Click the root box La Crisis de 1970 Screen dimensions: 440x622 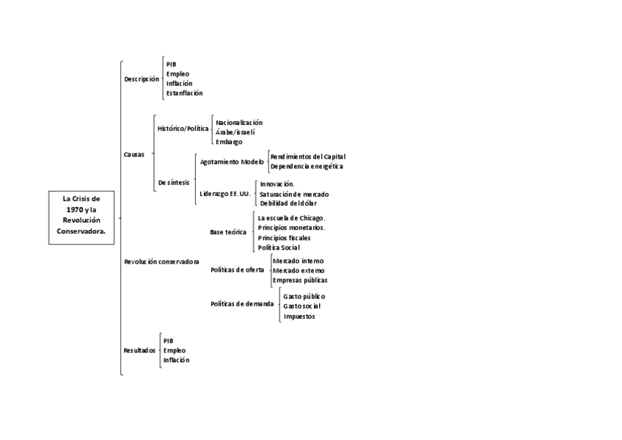point(81,214)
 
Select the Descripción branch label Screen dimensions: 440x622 point(141,79)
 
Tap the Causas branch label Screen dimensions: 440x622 point(134,154)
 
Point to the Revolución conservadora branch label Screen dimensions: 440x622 point(161,262)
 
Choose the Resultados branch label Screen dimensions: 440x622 point(139,350)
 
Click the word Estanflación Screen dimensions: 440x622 point(184,93)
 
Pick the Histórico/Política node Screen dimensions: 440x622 point(183,129)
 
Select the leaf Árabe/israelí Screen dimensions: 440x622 point(235,132)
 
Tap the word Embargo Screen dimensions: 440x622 point(229,142)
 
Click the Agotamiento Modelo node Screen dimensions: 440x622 point(232,162)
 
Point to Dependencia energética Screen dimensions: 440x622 point(307,167)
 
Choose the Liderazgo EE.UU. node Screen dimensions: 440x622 point(225,194)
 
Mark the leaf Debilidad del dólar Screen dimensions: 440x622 point(293,203)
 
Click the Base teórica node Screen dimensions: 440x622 point(228,232)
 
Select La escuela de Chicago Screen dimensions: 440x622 point(291,218)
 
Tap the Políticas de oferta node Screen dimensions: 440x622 point(237,270)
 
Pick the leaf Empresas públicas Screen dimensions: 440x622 point(299,280)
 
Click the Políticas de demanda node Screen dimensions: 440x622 point(241,304)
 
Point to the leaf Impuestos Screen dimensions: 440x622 point(299,317)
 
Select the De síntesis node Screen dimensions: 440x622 point(174,182)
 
